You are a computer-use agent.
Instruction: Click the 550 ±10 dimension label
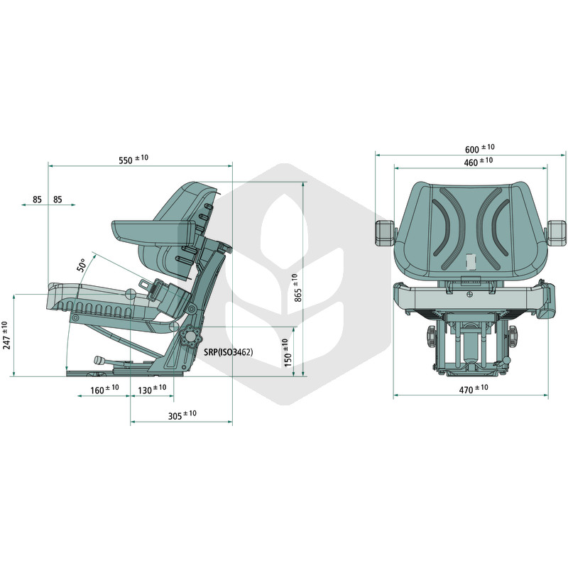point(133,159)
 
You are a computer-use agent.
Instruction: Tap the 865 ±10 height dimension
point(297,288)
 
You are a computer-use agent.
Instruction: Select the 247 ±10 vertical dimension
point(6,335)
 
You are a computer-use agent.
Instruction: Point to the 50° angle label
point(82,265)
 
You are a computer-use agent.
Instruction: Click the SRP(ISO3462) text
point(228,351)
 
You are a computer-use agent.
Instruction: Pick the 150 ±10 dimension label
point(288,352)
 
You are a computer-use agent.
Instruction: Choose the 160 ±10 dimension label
point(104,389)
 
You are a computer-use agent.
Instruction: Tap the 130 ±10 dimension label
point(152,389)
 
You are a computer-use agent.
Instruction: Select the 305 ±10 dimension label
point(182,415)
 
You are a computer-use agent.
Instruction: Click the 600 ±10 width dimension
point(480,148)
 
